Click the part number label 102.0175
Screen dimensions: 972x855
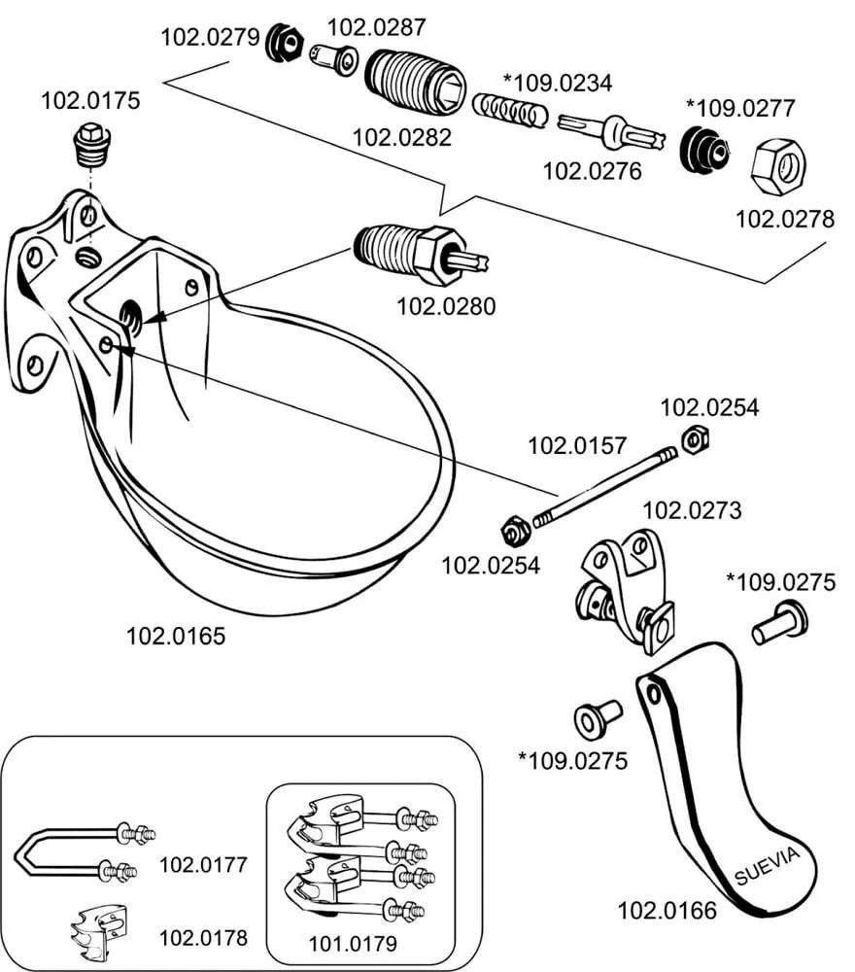[x=89, y=100]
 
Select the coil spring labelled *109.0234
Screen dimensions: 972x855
[x=509, y=110]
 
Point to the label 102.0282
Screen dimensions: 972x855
[x=401, y=137]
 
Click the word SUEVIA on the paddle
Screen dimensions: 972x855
[x=767, y=864]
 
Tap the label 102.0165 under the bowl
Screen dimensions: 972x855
[x=176, y=637]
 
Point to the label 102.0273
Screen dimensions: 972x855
[x=692, y=509]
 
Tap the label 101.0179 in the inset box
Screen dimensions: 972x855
[x=353, y=942]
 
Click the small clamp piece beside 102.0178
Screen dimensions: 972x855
[x=101, y=928]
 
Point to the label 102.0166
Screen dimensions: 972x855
[x=667, y=911]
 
